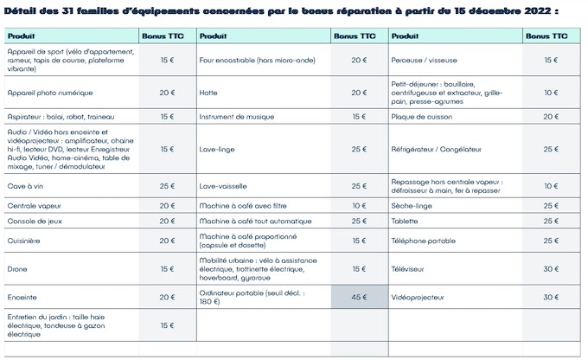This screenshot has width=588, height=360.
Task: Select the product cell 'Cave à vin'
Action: coord(27,186)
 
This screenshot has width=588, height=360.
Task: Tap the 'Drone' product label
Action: coord(17,269)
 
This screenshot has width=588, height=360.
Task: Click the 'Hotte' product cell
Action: coord(208,91)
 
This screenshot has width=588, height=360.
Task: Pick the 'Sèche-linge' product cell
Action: coord(413,205)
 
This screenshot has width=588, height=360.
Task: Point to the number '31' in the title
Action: coord(80,13)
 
